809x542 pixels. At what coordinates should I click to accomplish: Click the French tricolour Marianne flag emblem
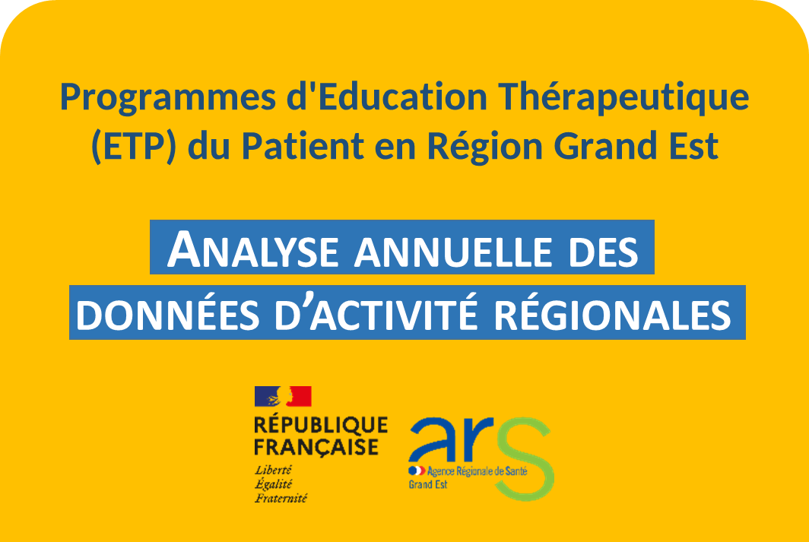(x=283, y=396)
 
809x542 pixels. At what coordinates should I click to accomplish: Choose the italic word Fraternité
(x=281, y=499)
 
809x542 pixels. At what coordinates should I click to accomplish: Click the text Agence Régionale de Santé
(x=472, y=471)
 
